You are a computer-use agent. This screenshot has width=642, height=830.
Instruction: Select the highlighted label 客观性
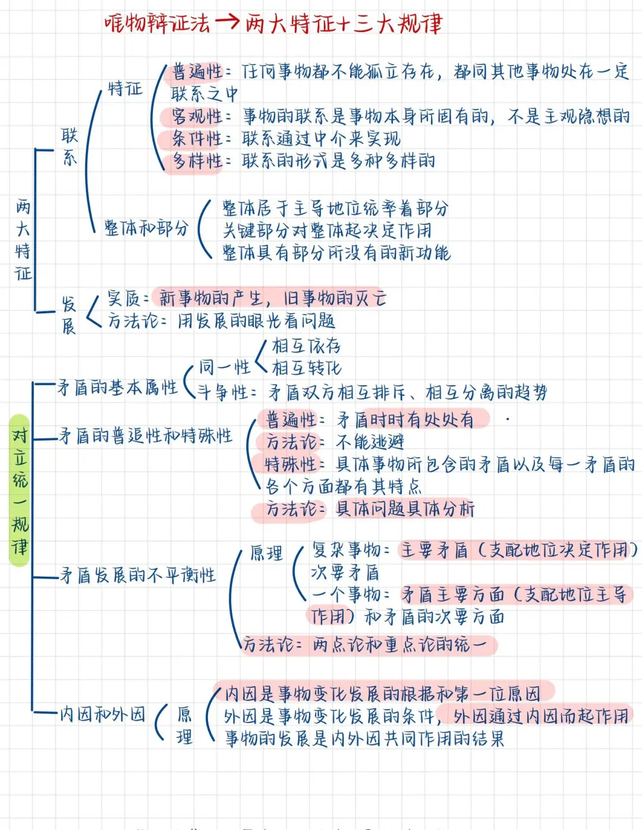click(x=196, y=117)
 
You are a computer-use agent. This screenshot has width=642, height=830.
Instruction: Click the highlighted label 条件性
click(x=196, y=139)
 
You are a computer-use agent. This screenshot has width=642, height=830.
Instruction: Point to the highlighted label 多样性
click(x=196, y=161)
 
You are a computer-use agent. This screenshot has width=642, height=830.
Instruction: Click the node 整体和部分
click(x=146, y=228)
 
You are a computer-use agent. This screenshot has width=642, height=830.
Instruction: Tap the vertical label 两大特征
click(x=23, y=240)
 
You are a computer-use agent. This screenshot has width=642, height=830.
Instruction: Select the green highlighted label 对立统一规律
click(x=20, y=491)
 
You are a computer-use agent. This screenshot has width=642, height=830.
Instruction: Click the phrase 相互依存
click(x=306, y=346)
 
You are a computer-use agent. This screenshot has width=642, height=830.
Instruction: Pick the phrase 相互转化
click(x=307, y=368)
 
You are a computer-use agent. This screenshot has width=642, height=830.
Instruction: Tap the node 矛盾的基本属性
click(x=118, y=388)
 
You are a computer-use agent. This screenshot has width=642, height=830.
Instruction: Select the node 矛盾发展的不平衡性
click(x=138, y=576)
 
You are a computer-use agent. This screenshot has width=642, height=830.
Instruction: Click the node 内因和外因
click(x=103, y=714)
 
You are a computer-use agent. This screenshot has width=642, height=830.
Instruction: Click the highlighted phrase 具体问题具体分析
click(x=405, y=509)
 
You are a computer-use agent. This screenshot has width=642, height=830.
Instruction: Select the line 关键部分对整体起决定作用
click(x=327, y=231)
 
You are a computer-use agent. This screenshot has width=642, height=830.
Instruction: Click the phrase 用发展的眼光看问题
click(x=256, y=322)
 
